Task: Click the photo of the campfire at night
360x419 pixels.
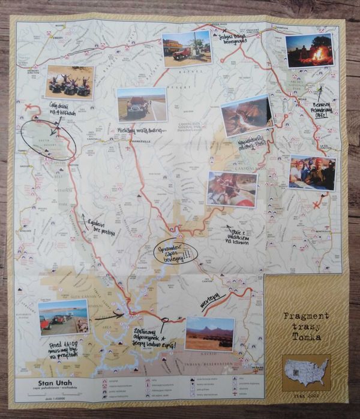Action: [x=309, y=50]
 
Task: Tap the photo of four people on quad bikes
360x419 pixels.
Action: [x=70, y=82]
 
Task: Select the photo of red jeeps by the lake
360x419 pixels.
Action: [x=63, y=318]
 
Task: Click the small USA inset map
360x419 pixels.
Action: [x=307, y=369]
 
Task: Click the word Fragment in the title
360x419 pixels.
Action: [x=306, y=316]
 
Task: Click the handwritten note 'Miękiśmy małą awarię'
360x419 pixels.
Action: [x=141, y=130]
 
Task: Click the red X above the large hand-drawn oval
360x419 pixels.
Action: [x=28, y=108]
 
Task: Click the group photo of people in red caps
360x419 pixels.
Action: [x=311, y=173]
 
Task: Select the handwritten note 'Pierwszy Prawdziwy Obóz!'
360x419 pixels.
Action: [x=321, y=110]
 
